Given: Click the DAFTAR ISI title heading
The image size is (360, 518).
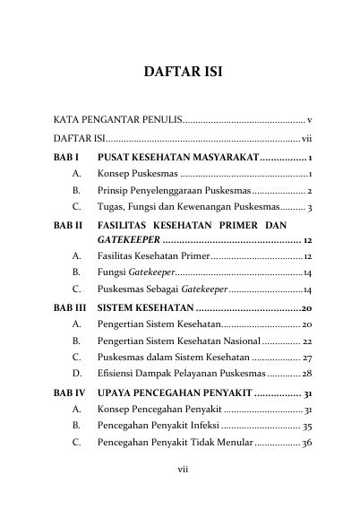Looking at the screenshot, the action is (x=180, y=71).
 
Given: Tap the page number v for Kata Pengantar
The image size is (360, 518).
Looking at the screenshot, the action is (x=308, y=118).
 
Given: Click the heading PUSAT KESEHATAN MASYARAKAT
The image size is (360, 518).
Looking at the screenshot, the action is (x=176, y=158).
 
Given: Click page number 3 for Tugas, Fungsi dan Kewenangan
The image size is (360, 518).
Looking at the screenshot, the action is (x=309, y=208).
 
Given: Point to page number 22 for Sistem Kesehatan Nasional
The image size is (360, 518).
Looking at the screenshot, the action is (x=305, y=341).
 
